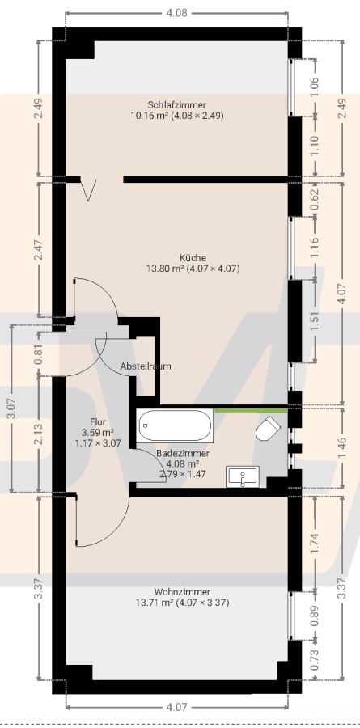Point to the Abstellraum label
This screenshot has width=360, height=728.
click(146, 366)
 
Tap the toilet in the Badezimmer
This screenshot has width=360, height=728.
click(268, 430)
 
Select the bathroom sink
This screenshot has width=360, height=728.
click(242, 477)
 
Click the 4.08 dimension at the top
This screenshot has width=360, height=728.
click(176, 12)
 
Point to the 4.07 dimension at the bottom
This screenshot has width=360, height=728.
click(176, 706)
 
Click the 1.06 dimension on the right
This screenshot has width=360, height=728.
click(315, 86)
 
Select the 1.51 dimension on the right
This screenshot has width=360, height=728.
click(315, 320)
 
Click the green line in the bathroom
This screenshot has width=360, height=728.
click(249, 411)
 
